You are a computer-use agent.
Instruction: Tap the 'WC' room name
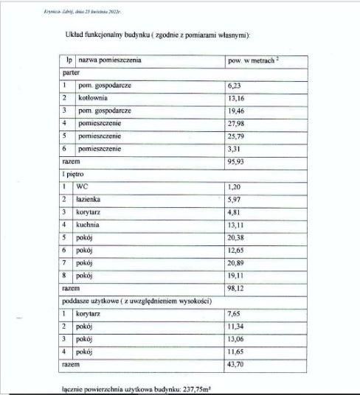(82, 187)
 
